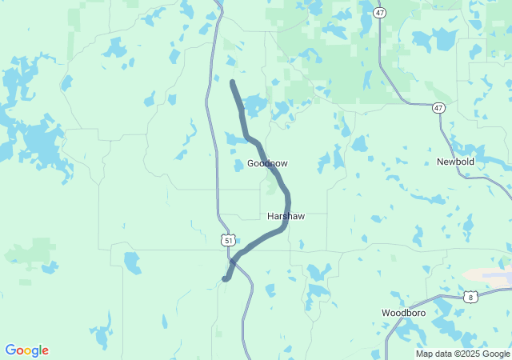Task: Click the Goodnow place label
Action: [x=267, y=163]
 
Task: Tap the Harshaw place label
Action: [x=286, y=217]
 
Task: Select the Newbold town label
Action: [x=455, y=162]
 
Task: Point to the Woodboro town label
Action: [x=402, y=312]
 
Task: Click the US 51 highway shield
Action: [x=229, y=240]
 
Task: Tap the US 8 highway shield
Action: [x=470, y=297]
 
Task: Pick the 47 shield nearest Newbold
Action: [x=438, y=108]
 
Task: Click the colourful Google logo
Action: [x=26, y=350]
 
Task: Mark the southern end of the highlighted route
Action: [x=226, y=278]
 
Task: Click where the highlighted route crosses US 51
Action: [x=234, y=260]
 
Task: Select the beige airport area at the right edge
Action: [x=490, y=275]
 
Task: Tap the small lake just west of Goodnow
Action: [x=238, y=166]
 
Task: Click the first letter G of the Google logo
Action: [x=10, y=350]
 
